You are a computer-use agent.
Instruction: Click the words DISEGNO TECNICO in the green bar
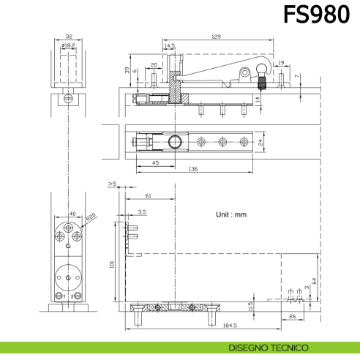(269, 348)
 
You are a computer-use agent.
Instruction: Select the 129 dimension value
(216, 36)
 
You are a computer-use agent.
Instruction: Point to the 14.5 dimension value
(170, 45)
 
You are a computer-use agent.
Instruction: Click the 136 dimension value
(192, 170)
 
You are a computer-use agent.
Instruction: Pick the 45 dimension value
(156, 162)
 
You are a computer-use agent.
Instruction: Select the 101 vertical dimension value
(112, 263)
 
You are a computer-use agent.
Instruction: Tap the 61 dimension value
(149, 196)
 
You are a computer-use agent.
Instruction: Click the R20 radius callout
(91, 217)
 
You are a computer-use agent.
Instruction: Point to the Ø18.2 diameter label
(68, 45)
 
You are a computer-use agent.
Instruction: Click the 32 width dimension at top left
(68, 36)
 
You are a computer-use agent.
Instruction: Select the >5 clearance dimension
(112, 184)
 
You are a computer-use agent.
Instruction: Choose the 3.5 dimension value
(141, 211)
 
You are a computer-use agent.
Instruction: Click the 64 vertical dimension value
(314, 280)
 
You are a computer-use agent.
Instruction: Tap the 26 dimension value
(292, 316)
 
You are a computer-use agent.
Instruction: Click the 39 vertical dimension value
(127, 70)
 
